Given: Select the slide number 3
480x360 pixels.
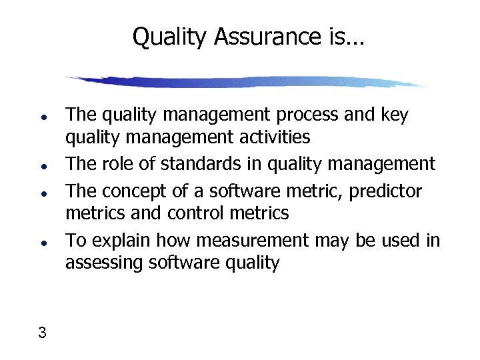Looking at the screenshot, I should pos(42,333).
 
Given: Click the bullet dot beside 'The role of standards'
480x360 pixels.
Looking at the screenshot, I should pos(42,164).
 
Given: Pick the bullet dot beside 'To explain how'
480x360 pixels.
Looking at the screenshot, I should pos(42,241).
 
